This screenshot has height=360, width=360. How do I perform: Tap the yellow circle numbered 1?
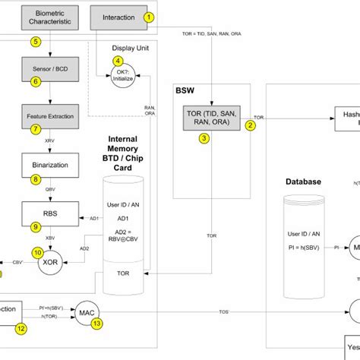(149, 17)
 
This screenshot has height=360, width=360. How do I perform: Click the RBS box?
(49, 210)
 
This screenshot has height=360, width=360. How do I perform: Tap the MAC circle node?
(85, 312)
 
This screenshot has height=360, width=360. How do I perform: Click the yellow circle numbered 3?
(204, 138)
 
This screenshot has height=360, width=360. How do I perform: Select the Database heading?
(304, 182)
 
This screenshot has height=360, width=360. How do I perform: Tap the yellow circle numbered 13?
(96, 324)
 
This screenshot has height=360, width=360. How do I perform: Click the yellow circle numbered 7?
(36, 129)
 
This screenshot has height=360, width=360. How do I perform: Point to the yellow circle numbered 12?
(21, 328)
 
